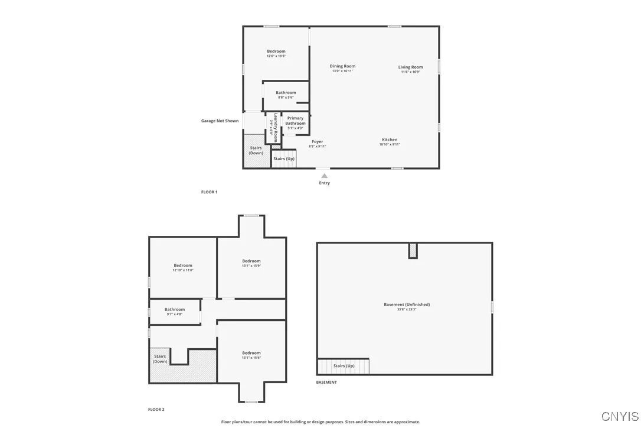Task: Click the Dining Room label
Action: tap(342, 66)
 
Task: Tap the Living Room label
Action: tap(410, 67)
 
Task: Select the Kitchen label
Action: tap(390, 140)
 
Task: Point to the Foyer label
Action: tap(318, 142)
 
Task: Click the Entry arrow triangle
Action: tap(324, 176)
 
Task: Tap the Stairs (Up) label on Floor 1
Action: tap(284, 158)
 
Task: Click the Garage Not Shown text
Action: tap(220, 121)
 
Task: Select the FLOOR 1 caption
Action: tap(210, 192)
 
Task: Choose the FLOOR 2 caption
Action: tap(156, 409)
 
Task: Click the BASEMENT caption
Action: tap(326, 382)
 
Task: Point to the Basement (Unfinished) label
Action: tap(407, 304)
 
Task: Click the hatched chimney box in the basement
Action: tap(413, 251)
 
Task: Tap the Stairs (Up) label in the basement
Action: tap(344, 366)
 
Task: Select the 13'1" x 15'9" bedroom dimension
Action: tap(251, 265)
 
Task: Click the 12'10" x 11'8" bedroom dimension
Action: tap(183, 270)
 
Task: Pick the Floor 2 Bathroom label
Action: tap(175, 309)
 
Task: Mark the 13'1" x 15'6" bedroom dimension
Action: tap(251, 358)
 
